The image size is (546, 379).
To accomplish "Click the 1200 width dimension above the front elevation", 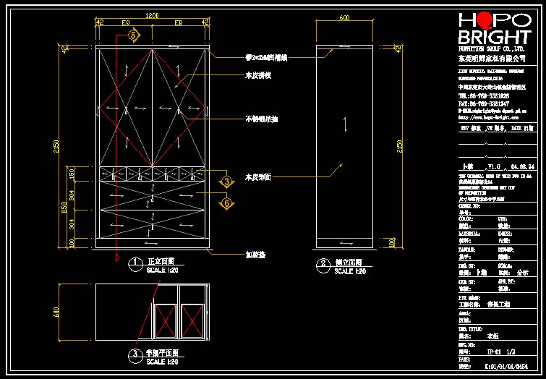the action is [152, 15].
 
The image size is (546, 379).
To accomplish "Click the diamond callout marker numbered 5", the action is [132, 34].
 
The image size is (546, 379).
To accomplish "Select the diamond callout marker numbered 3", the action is [226, 181].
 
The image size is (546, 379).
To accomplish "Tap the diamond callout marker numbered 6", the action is [226, 203].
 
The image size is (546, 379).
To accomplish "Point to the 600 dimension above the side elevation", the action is [344, 17].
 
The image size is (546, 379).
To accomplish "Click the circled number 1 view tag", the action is [134, 263].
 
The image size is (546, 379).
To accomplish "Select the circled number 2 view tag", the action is [322, 265].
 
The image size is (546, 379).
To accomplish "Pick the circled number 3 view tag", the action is [134, 355].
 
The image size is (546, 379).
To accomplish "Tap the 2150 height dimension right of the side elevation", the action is [399, 148].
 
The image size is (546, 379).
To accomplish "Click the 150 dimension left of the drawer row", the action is [71, 173].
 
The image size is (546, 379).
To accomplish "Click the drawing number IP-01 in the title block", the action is [494, 352].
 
